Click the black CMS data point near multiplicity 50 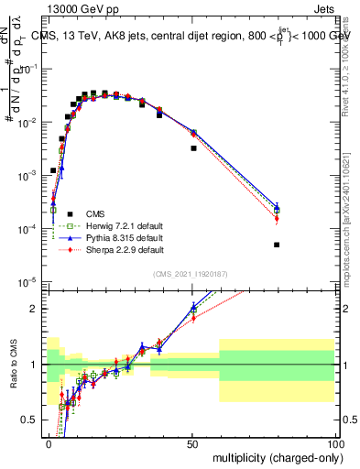(x=193, y=147)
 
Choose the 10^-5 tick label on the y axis (x=30, y=281)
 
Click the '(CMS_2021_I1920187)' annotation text (x=191, y=274)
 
